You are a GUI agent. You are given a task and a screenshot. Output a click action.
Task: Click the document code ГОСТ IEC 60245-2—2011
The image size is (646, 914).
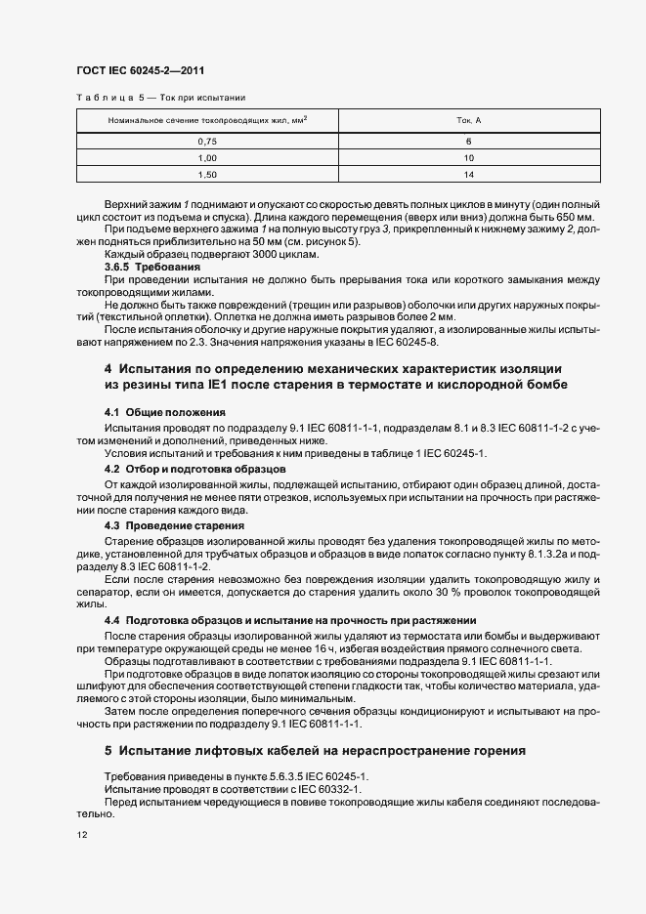click(140, 70)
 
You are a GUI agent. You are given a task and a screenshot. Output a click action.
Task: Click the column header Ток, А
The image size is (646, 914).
click(469, 121)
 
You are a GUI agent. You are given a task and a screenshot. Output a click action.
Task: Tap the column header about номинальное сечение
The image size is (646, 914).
click(207, 121)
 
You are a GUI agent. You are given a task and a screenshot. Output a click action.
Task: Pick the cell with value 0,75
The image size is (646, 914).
click(207, 142)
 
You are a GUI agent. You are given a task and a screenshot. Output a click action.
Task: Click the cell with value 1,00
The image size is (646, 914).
click(207, 157)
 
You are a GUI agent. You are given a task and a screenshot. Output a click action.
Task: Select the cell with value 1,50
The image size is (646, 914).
click(207, 174)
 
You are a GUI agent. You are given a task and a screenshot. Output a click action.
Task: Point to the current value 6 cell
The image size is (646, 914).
click(469, 142)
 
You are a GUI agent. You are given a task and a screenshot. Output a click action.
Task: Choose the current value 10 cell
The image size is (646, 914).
click(469, 157)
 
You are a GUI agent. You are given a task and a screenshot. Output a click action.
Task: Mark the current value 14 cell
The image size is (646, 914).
click(469, 174)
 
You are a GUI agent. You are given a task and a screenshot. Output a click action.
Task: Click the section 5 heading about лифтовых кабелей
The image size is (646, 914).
click(315, 751)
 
